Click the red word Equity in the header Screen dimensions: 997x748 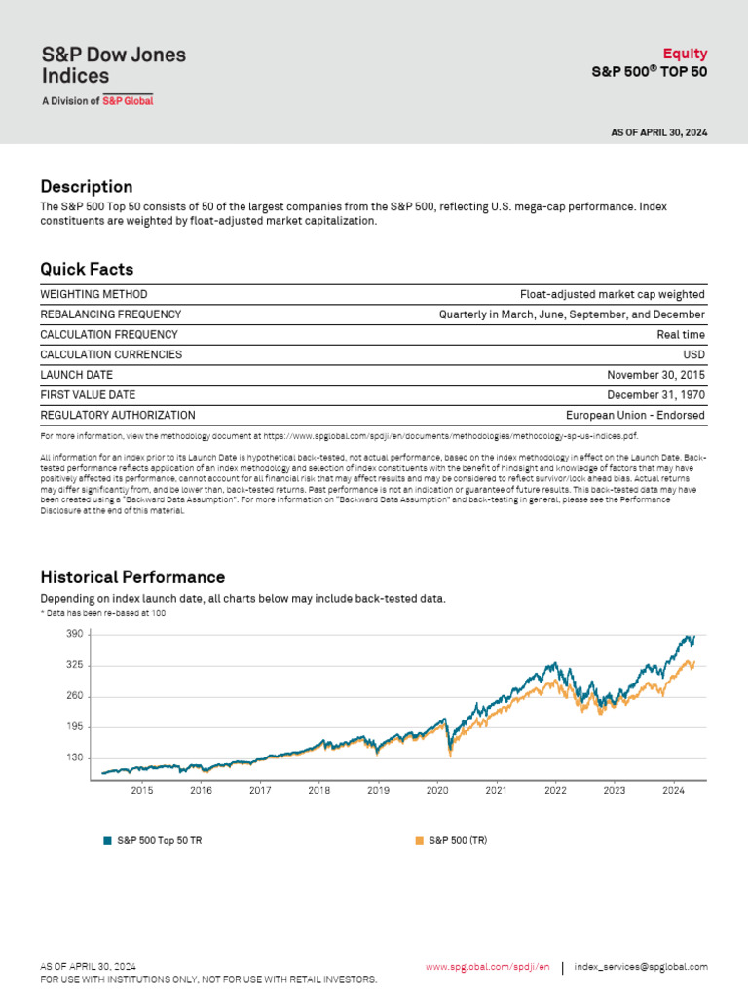pos(685,54)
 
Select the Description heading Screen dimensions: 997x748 pos(87,186)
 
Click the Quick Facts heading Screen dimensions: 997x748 pos(87,269)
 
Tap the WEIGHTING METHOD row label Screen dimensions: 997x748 pos(93,294)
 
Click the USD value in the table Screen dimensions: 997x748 pos(693,354)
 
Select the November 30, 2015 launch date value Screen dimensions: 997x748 pos(655,375)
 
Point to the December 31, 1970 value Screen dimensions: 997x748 pos(655,395)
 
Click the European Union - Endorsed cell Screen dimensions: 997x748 pos(635,415)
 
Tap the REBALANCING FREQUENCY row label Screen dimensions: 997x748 pos(110,314)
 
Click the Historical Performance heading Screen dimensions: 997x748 pos(132,577)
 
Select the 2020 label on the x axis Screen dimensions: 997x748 pos(437,791)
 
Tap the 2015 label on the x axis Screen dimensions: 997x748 pos(141,791)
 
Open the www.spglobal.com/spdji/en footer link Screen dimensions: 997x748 pos(487,967)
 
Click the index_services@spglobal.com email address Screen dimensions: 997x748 pos(641,967)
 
